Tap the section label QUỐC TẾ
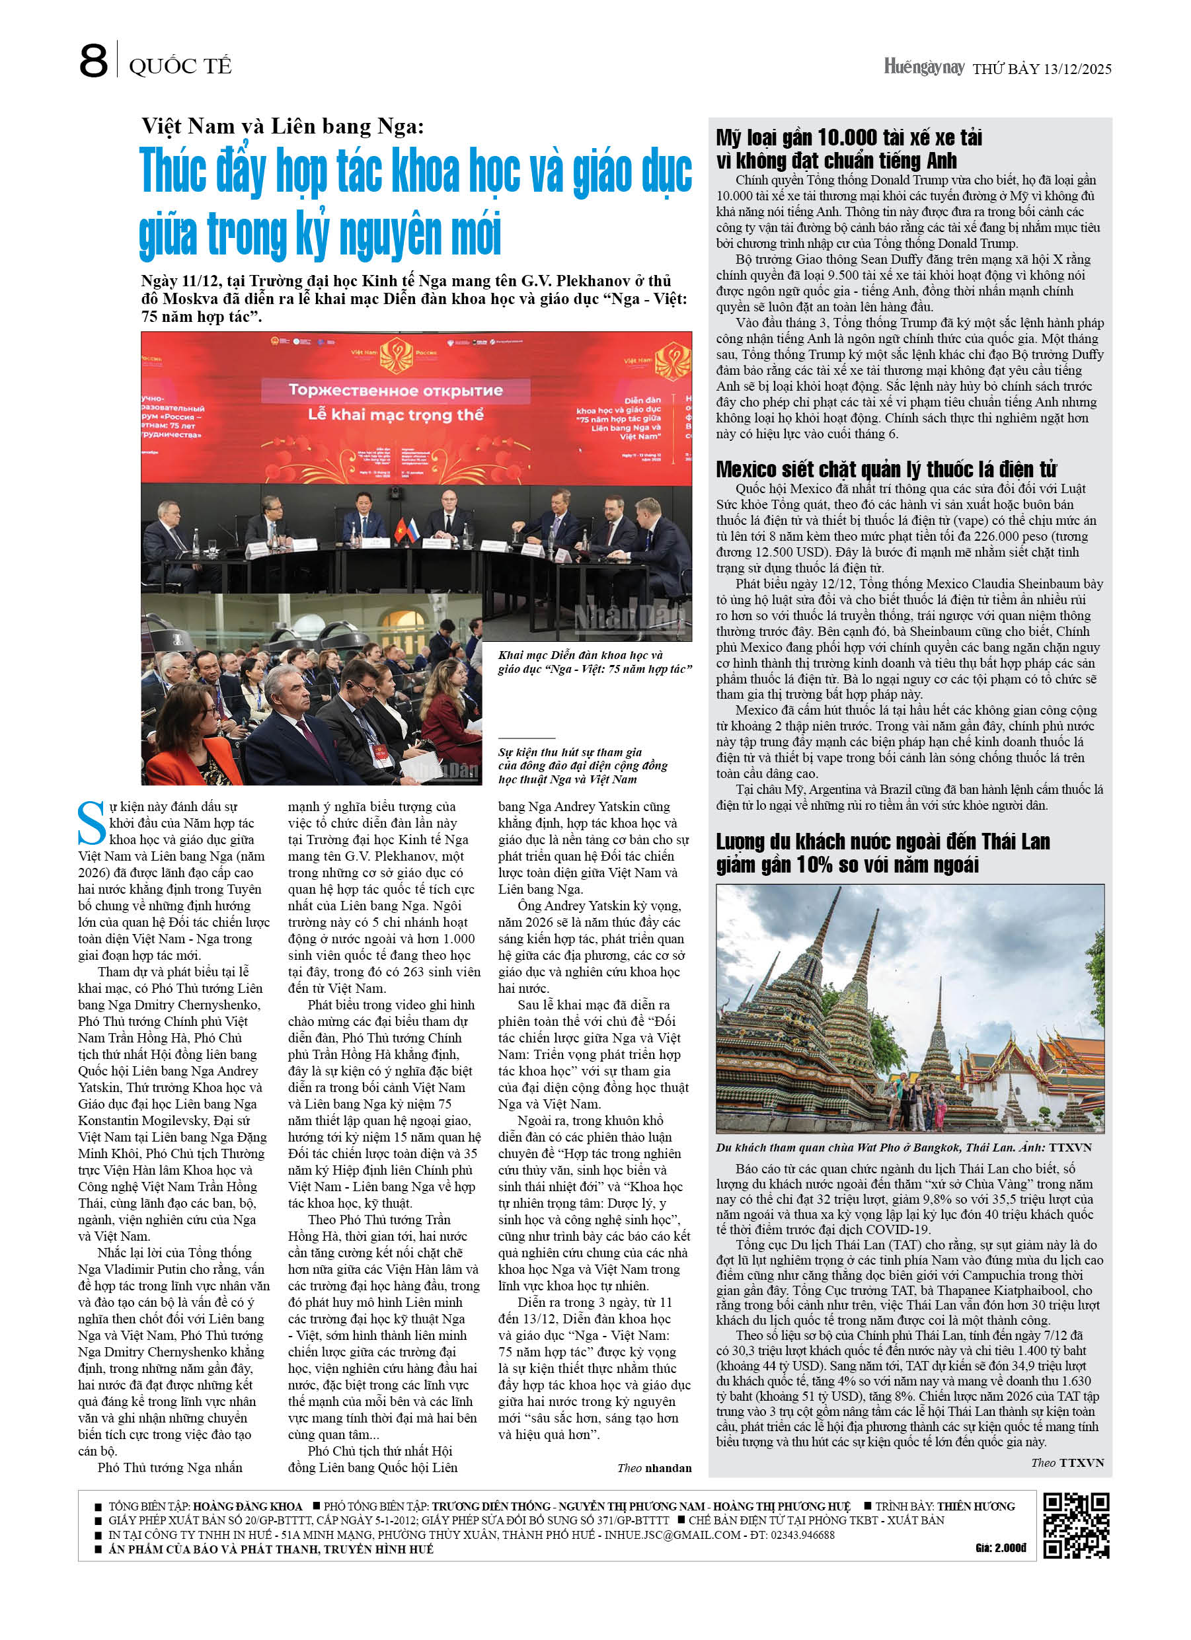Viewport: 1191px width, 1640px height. coord(180,67)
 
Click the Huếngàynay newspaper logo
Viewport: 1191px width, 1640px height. coord(923,67)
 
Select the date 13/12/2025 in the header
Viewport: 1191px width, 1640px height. coord(1077,69)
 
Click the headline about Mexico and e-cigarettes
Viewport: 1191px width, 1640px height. coord(886,469)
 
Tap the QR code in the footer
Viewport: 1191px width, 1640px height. coord(1075,1525)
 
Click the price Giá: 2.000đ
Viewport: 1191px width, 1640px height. coord(1000,1547)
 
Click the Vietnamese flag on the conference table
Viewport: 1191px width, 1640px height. coord(399,531)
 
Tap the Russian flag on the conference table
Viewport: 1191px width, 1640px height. coord(413,530)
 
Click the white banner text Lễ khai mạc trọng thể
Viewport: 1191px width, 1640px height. coord(395,414)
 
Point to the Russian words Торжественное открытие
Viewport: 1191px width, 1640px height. coord(395,391)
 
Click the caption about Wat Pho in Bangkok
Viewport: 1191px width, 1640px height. coord(903,1147)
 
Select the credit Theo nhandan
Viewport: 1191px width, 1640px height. coord(654,1467)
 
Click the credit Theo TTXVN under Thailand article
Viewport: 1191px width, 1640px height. coord(1067,1462)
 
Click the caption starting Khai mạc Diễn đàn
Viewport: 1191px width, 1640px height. coord(594,662)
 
